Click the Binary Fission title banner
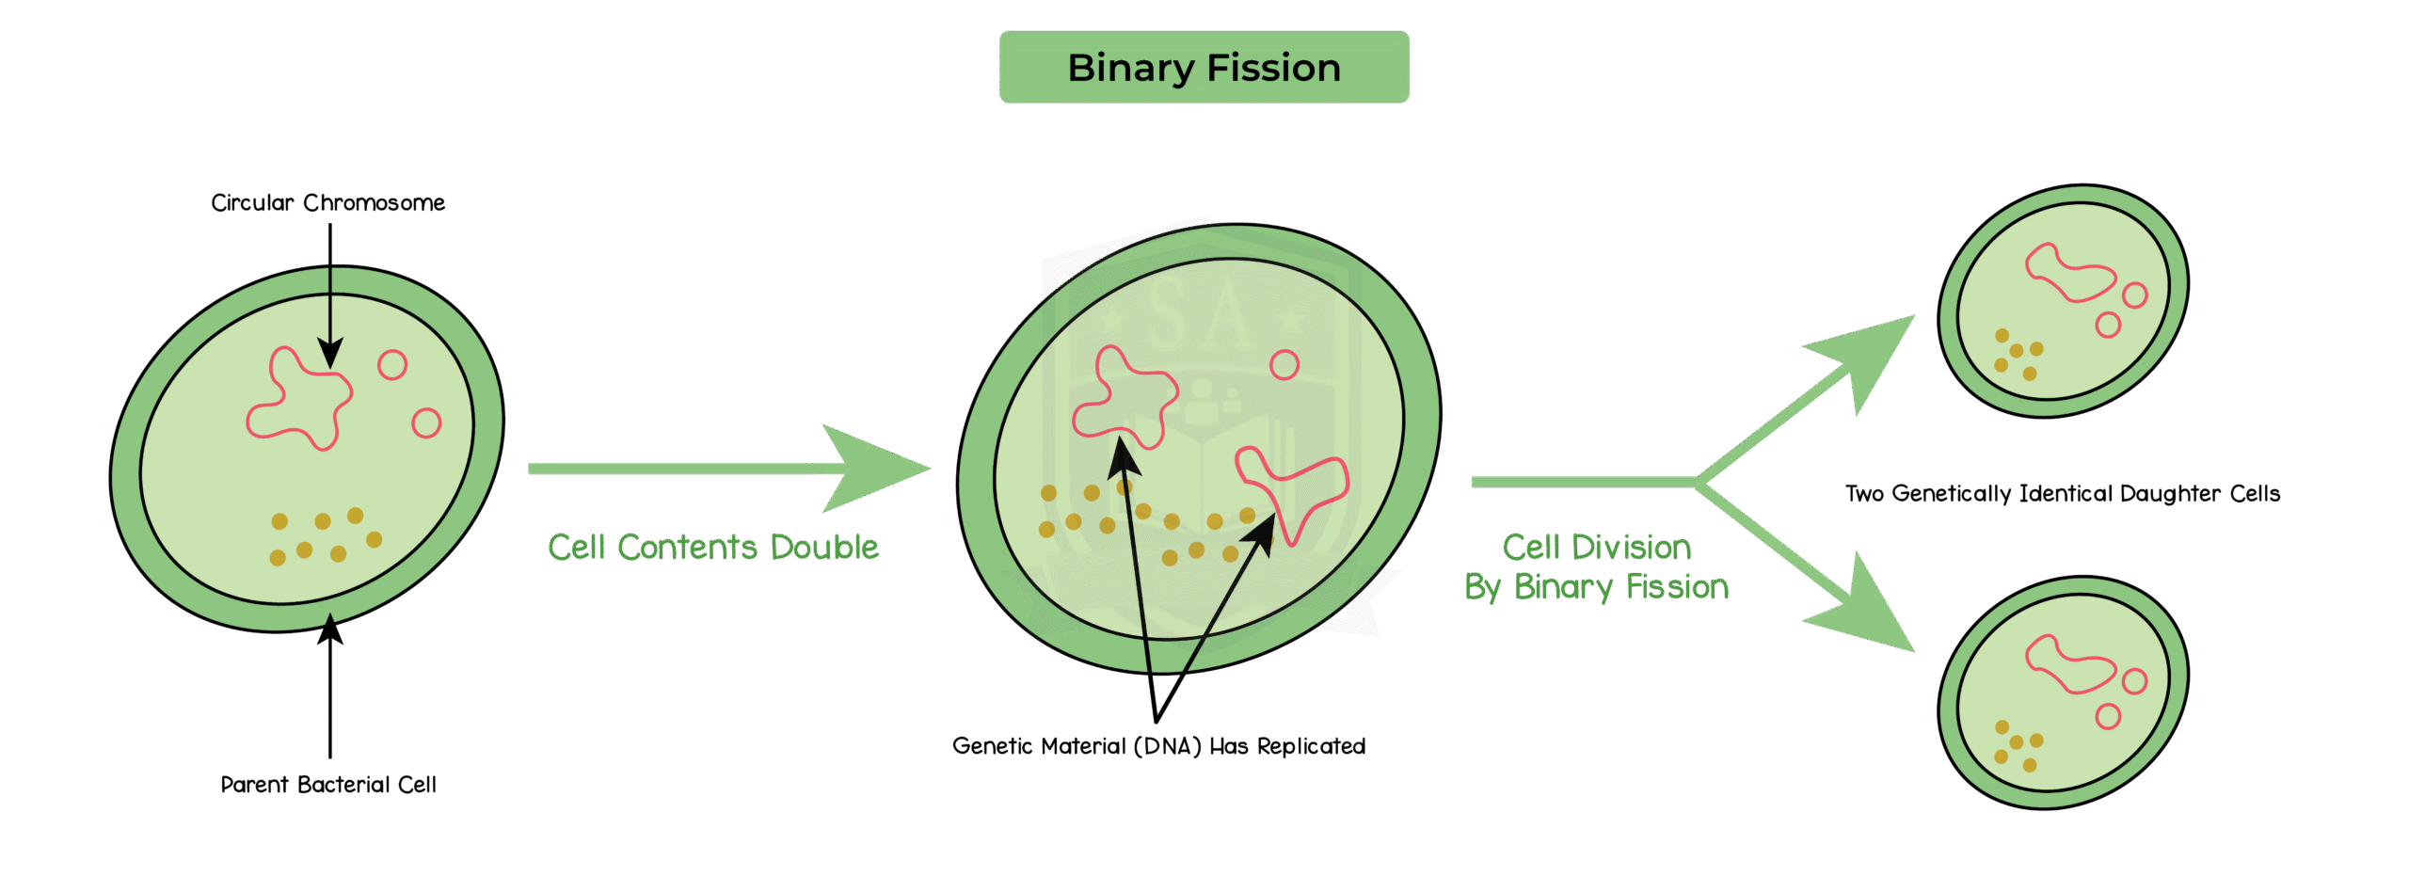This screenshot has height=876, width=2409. point(1204,68)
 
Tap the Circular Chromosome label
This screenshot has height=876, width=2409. point(327,203)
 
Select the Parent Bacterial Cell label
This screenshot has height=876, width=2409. point(327,785)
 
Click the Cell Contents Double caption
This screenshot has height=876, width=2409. point(712,548)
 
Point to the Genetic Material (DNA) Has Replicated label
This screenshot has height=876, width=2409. point(1157,746)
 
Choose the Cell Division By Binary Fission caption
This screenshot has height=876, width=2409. point(1596,567)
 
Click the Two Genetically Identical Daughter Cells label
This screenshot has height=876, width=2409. point(2062,494)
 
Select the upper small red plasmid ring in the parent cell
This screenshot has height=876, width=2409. point(392,365)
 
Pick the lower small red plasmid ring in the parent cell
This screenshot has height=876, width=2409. point(426,423)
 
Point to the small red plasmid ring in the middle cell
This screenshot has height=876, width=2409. point(1284,365)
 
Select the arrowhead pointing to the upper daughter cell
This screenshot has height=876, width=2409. point(1868,358)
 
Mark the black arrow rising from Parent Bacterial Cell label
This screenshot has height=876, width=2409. point(329,687)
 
